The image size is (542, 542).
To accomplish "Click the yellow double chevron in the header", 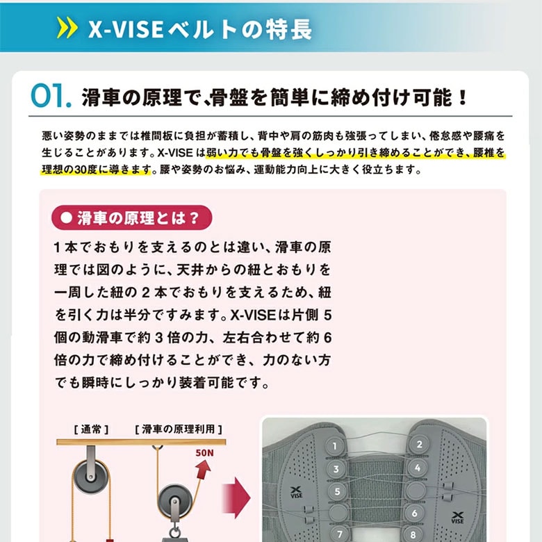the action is point(67,28).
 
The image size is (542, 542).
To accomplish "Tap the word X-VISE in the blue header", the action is point(126,29).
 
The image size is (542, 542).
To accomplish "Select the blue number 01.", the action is point(51,96).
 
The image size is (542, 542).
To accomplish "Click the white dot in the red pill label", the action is point(66,217).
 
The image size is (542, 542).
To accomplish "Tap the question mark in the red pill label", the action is point(195,218).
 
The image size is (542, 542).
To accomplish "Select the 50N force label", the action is point(204,453).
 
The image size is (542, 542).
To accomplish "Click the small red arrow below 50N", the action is point(203,470).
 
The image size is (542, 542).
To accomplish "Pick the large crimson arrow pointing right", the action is point(236,498).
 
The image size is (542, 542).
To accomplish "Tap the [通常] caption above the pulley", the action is point(91,429).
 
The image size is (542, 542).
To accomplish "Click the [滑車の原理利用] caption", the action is point(179,429).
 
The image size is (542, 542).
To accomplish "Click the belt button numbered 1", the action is point(335,446).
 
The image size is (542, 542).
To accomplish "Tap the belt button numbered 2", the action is point(419,444).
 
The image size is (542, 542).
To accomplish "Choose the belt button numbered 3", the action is point(336,469).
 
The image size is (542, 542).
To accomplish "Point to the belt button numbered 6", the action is point(414,514).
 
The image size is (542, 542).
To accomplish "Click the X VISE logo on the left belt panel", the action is point(296,492).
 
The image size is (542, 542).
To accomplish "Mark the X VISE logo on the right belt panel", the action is point(457,518).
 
